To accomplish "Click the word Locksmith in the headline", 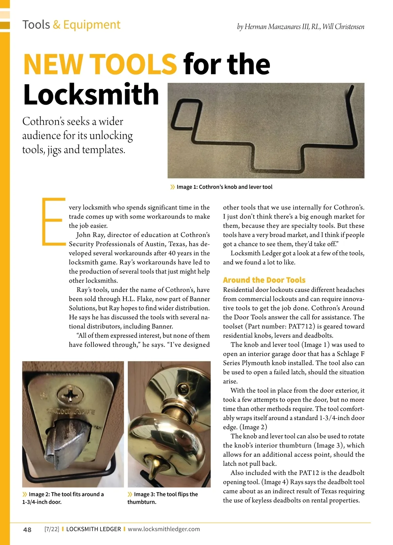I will (91, 95).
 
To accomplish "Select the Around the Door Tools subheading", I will (264, 280).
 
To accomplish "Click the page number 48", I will (28, 530).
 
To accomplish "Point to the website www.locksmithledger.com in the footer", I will (164, 529).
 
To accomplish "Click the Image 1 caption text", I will (224, 187).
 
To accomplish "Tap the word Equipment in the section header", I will (92, 25).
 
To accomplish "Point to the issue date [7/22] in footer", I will (52, 529).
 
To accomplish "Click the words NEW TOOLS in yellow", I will (100, 64).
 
